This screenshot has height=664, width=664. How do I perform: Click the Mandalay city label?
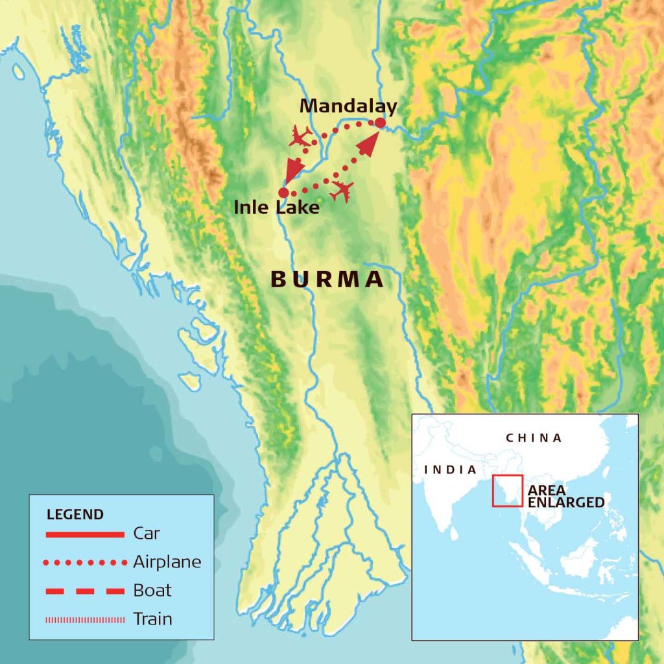pyautogui.click(x=349, y=106)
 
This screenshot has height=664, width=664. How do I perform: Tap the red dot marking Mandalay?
pyautogui.click(x=381, y=123)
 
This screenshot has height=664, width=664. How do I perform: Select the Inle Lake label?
pyautogui.click(x=277, y=208)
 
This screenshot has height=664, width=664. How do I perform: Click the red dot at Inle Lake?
pyautogui.click(x=283, y=193)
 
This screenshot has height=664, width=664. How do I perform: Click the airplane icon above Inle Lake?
pyautogui.click(x=300, y=136)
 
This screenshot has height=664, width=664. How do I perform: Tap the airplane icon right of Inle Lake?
pyautogui.click(x=342, y=191)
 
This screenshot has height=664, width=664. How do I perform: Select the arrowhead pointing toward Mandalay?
pyautogui.click(x=367, y=146)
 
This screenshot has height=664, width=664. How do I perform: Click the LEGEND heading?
pyautogui.click(x=75, y=515)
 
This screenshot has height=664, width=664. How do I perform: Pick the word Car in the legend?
pyautogui.click(x=147, y=534)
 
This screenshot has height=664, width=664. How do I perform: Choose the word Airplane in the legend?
pyautogui.click(x=167, y=562)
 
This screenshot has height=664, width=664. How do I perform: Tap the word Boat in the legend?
pyautogui.click(x=152, y=590)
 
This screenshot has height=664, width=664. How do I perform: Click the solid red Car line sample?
pyautogui.click(x=85, y=534)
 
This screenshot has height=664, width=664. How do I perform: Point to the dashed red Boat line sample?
pyautogui.click(x=85, y=591)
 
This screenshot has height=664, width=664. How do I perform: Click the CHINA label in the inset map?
pyautogui.click(x=534, y=438)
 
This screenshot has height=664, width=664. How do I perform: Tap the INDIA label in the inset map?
pyautogui.click(x=450, y=469)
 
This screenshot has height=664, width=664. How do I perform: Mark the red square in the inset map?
pyautogui.click(x=507, y=491)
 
